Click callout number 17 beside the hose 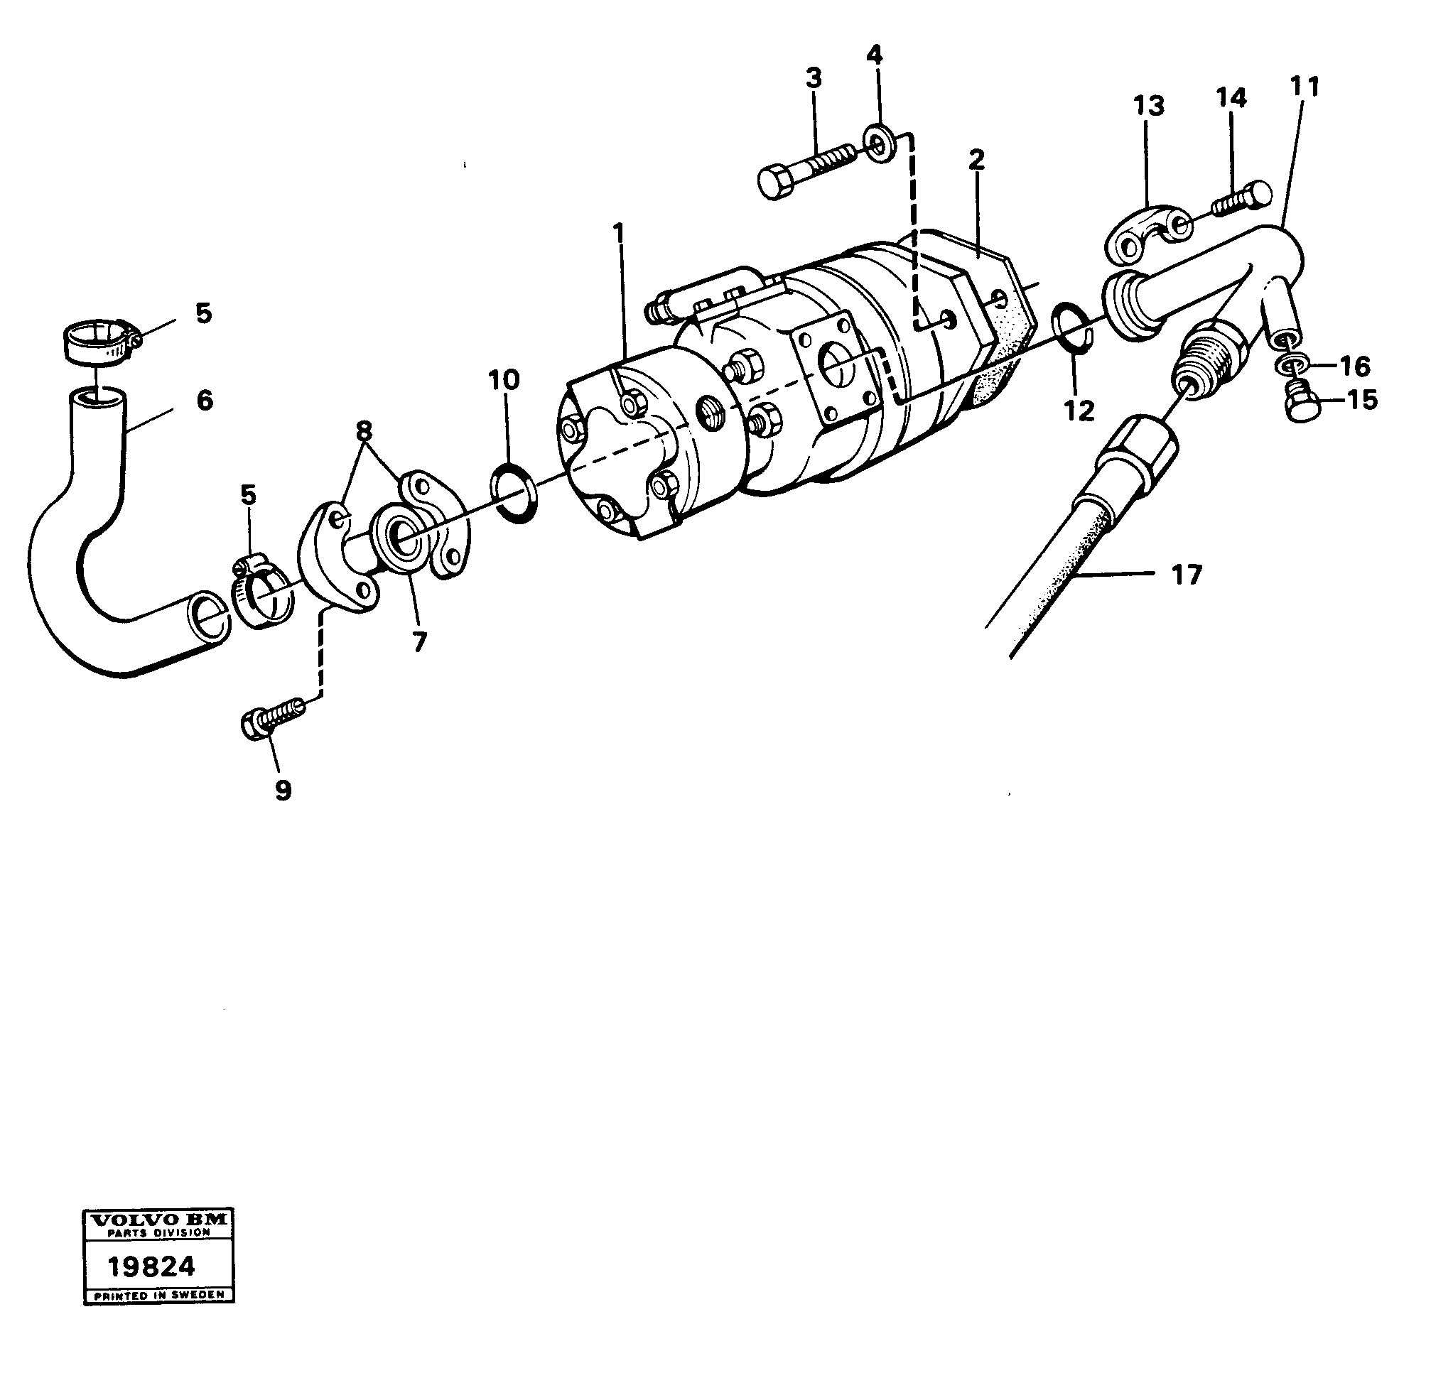[1187, 575]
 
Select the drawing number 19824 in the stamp [151, 1266]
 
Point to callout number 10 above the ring [504, 380]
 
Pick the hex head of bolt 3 [777, 182]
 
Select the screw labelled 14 [1244, 199]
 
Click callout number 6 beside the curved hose [204, 401]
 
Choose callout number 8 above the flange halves [364, 432]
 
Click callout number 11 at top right [1305, 87]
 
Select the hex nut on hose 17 [1139, 450]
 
